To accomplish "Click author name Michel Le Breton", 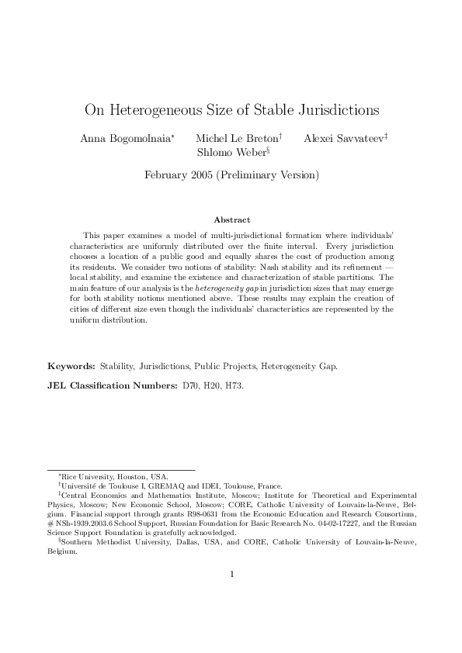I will [236, 137].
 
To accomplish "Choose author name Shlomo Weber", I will [231, 152].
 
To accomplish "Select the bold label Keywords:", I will [71, 365].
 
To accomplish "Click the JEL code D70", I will [190, 385].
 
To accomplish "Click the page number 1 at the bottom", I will [231, 596].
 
